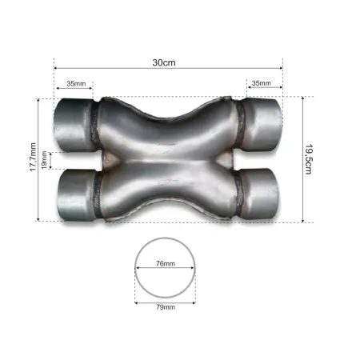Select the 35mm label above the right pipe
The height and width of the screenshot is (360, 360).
[261, 83]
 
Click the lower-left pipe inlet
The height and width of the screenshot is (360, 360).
[72, 194]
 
